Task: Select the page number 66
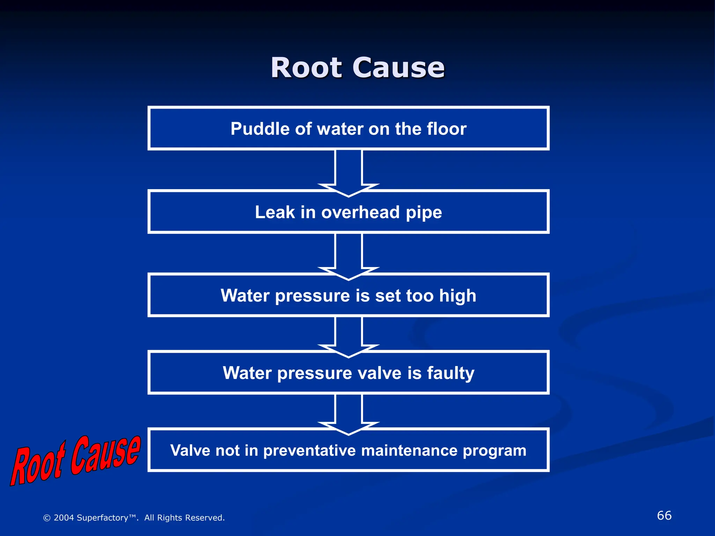pos(664,515)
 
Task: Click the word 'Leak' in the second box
pos(275,212)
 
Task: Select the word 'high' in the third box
pos(457,296)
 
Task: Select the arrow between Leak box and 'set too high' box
pos(348,255)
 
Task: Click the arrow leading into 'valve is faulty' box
pos(348,335)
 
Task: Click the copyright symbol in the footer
pos(47,518)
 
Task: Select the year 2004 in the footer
pos(64,518)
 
